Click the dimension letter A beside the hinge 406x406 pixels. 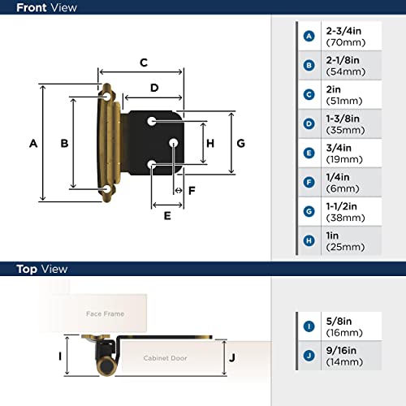tap(33, 144)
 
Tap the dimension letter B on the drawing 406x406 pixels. tap(64, 144)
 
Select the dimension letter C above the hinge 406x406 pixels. tap(143, 63)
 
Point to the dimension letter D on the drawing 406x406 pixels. tap(153, 88)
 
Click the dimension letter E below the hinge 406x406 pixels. tap(167, 216)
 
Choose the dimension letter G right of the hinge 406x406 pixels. tap(240, 144)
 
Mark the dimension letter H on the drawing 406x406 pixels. tap(209, 144)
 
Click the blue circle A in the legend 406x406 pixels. tap(309, 36)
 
